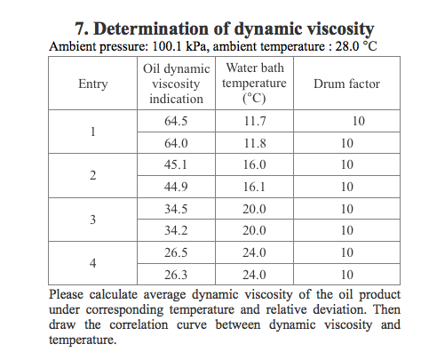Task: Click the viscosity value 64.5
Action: coord(176,121)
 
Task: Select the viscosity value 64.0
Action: coord(176,143)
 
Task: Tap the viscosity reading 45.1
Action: coord(176,164)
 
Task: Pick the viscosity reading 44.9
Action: coord(176,187)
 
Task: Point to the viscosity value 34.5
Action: coord(176,209)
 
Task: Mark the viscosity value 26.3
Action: coord(176,275)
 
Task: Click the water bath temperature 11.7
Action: coord(255,121)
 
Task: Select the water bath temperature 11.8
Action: coord(255,143)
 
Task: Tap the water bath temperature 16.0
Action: coord(255,164)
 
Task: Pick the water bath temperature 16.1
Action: coord(255,187)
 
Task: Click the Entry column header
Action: coord(93,84)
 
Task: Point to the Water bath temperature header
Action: coord(254,84)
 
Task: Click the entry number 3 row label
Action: coord(93,220)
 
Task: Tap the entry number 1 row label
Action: coord(93,132)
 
